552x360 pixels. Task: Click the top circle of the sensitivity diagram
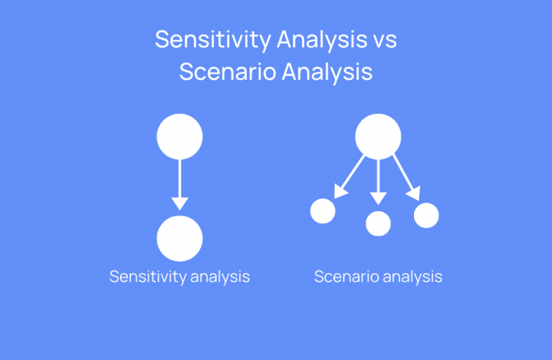180,136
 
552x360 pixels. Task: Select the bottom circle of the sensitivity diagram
180,238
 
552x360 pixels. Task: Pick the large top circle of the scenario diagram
378,136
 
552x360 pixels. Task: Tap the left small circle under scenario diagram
323,211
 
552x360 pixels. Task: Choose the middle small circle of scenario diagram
378,223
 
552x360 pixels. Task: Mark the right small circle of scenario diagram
426,215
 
